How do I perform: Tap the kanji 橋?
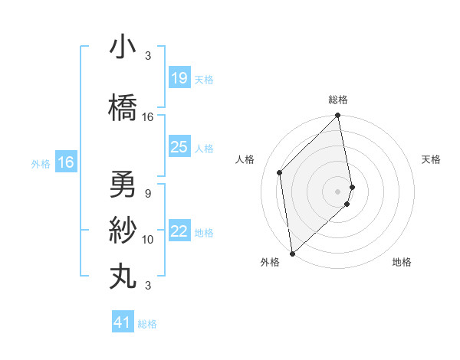[123, 106]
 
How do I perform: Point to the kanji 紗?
[123, 229]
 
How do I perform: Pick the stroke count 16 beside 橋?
[148, 117]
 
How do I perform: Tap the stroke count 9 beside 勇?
[147, 194]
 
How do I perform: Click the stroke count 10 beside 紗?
[148, 240]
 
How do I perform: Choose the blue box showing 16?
[65, 162]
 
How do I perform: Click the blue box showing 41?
[123, 322]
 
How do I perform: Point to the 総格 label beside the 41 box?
[148, 324]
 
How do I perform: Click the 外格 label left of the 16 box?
[41, 163]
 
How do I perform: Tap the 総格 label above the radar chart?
[338, 100]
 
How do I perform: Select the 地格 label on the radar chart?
[402, 262]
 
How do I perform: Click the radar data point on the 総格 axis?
[337, 116]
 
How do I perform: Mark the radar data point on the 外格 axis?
[292, 253]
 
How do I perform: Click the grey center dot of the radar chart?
[337, 191]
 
